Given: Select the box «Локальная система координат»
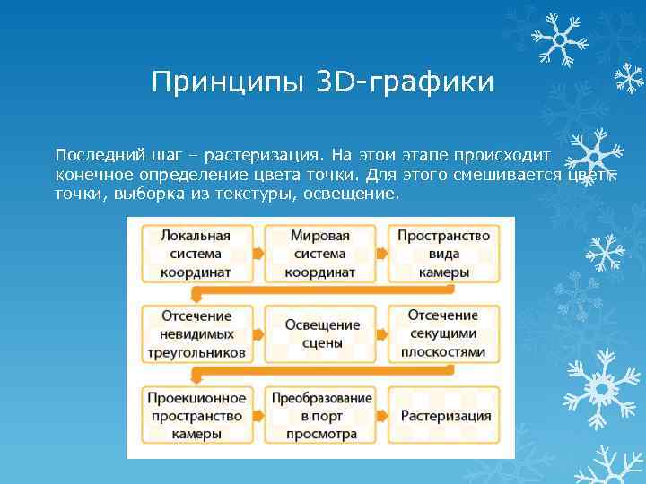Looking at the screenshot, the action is [x=196, y=254].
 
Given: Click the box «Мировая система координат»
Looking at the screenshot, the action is [x=320, y=254].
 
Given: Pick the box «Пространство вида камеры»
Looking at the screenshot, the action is [x=443, y=254].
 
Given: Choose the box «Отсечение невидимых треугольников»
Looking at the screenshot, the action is [x=196, y=334].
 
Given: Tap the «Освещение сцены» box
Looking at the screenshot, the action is [x=320, y=334].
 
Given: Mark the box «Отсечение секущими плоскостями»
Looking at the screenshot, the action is [x=443, y=334].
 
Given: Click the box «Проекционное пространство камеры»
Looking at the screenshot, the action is [x=196, y=415].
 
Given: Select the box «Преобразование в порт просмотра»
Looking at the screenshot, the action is [x=320, y=415].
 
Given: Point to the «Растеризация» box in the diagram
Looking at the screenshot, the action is [x=443, y=416].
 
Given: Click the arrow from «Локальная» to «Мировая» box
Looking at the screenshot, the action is [x=258, y=254].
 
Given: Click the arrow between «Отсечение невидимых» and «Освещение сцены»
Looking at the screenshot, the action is [x=258, y=334].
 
